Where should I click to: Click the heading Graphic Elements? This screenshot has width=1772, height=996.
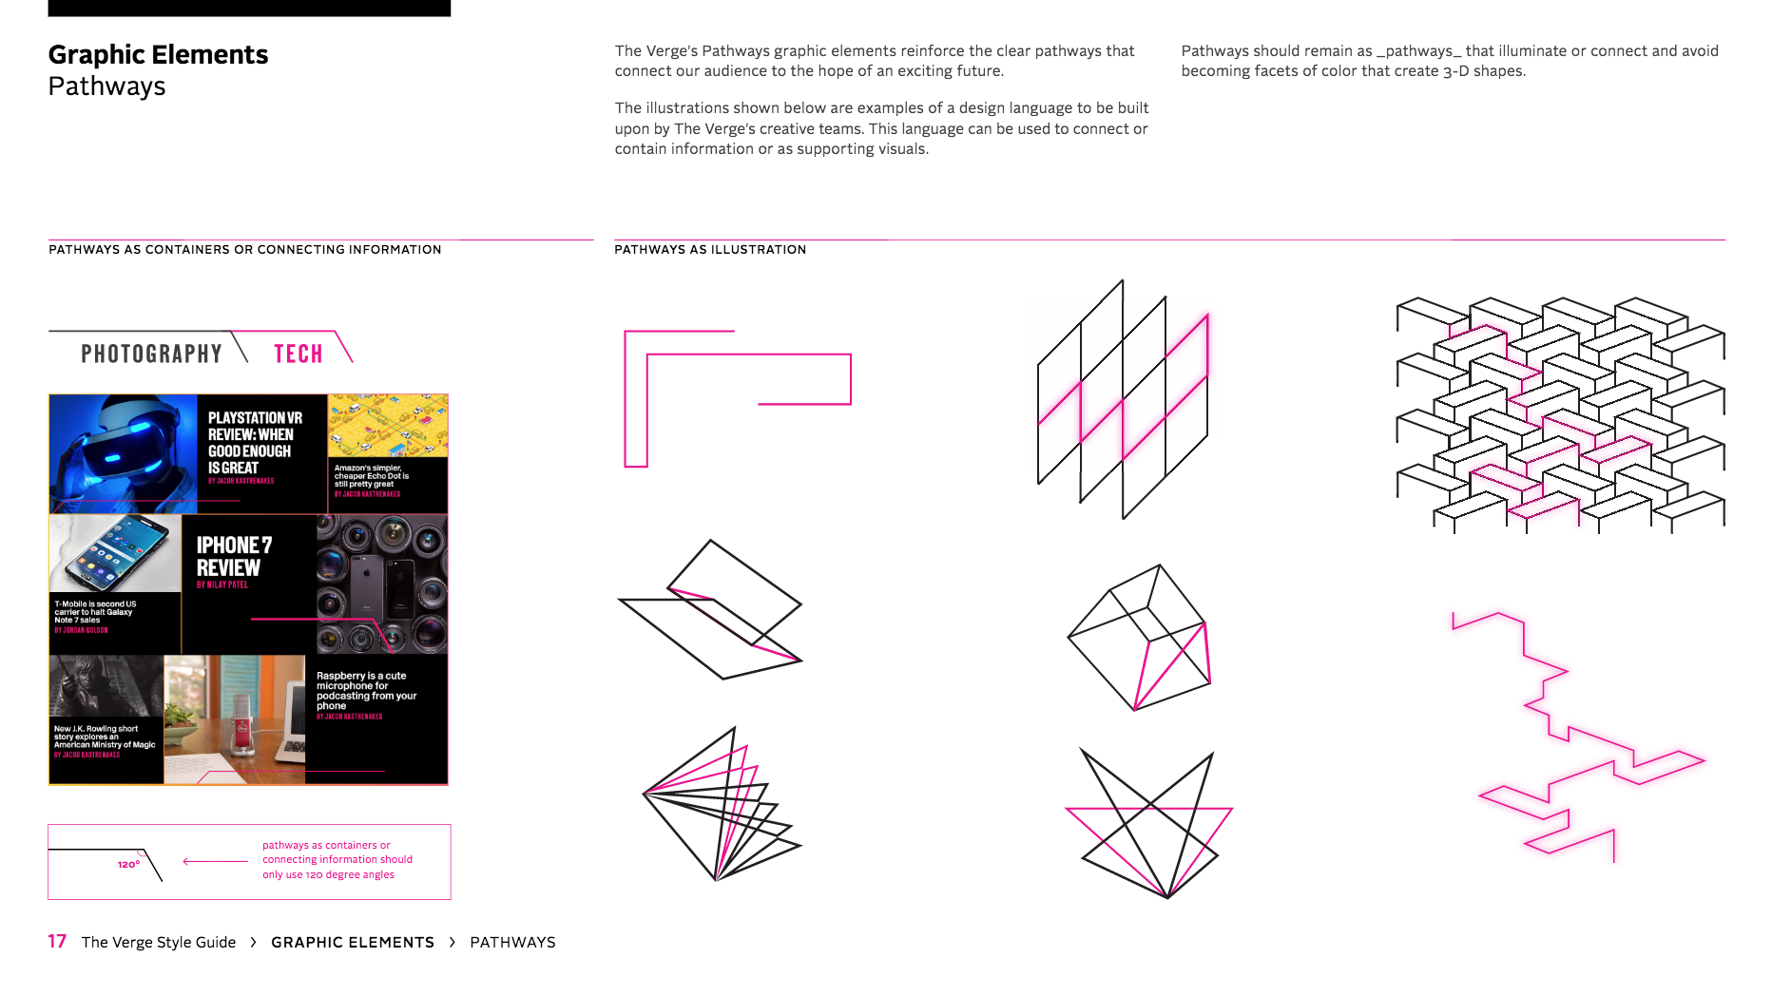[158, 55]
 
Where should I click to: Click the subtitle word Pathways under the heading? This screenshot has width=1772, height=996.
[106, 86]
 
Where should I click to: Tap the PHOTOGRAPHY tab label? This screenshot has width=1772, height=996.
[151, 354]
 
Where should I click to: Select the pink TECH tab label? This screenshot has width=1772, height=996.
[299, 354]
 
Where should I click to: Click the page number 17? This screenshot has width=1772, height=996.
[57, 941]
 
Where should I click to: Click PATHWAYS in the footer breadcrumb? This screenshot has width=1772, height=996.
[512, 942]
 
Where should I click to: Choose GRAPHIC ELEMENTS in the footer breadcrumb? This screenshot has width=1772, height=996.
[352, 942]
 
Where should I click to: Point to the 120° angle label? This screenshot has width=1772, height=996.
[128, 865]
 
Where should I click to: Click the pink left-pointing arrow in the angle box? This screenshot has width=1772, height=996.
[215, 861]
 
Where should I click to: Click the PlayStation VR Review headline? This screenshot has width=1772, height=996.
[254, 443]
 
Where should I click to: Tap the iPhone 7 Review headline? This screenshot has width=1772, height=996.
[234, 556]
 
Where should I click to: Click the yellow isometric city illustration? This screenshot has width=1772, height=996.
[387, 425]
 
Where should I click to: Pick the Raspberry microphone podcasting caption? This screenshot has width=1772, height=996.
[366, 691]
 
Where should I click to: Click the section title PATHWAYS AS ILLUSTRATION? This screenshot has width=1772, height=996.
[709, 250]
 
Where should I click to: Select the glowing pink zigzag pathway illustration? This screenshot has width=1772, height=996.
[1578, 737]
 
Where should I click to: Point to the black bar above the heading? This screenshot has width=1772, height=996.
[249, 8]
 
